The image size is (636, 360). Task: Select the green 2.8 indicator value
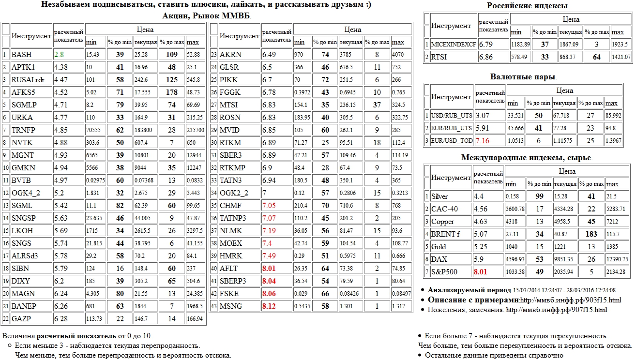pyautogui.click(x=59, y=55)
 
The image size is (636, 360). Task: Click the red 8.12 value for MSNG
pyautogui.click(x=270, y=306)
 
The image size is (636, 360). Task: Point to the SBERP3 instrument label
pyautogui.click(x=233, y=281)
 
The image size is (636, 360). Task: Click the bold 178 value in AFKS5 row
pyautogui.click(x=172, y=92)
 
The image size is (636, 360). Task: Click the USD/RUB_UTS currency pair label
pyautogui.click(x=451, y=116)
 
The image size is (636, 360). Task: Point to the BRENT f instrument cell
pyautogui.click(x=443, y=234)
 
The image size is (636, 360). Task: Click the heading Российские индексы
pyautogui.click(x=527, y=6)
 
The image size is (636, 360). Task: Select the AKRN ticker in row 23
pyautogui.click(x=230, y=55)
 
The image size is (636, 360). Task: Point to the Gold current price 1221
pyautogui.click(x=567, y=247)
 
